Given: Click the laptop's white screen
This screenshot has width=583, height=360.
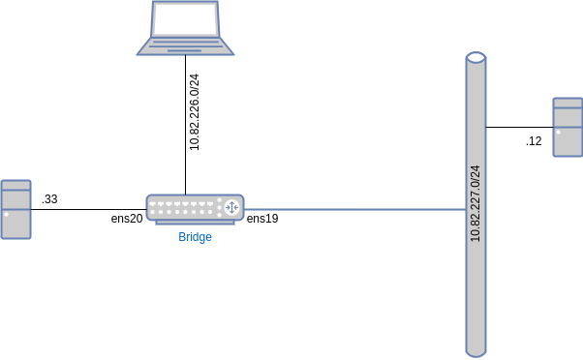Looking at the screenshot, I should coord(185,19).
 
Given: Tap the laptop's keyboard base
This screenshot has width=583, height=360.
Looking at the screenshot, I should coord(185,45).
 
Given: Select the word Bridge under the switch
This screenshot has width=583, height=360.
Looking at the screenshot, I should coord(195,237).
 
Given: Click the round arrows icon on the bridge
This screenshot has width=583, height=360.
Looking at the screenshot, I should coord(230,207).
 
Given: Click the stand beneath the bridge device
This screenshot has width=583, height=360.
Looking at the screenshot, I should coord(195,223).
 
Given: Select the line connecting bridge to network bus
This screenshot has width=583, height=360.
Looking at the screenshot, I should coord(353,209).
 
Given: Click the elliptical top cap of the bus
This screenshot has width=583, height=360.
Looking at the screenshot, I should coord(476,58).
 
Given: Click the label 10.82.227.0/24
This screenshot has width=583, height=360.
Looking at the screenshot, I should coord(476,203).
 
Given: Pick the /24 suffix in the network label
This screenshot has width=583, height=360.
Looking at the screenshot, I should coord(476,172).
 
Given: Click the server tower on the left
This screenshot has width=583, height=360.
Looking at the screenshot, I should coord(15,209).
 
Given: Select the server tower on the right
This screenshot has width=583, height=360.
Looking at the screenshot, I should coord(568,127).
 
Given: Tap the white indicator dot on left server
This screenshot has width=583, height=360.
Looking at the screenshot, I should coord(6,215).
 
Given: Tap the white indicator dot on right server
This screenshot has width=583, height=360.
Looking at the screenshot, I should coord(558,132).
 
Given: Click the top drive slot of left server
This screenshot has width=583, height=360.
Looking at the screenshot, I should coord(15,186).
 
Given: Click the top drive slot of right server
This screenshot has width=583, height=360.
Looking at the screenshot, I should coord(568,103).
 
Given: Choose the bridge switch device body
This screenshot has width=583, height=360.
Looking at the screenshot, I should coord(195,207).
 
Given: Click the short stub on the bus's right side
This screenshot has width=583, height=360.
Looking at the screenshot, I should coord(486,127).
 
